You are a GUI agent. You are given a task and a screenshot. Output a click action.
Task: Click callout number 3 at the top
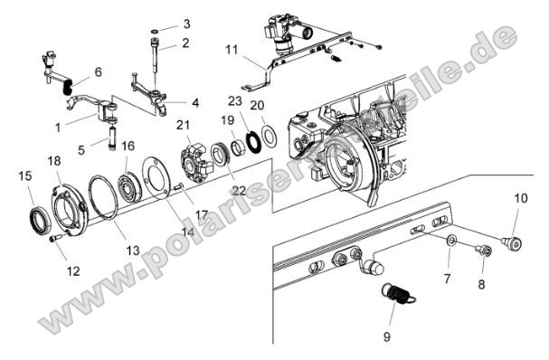[185, 24]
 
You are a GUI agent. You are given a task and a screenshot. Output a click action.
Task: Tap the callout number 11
[232, 49]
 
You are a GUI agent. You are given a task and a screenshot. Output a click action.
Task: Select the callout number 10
[520, 198]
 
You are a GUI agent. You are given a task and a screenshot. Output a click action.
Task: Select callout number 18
[54, 161]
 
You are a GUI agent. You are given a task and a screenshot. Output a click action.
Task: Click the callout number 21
[184, 125]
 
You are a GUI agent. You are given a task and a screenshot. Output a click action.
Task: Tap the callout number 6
[98, 71]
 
